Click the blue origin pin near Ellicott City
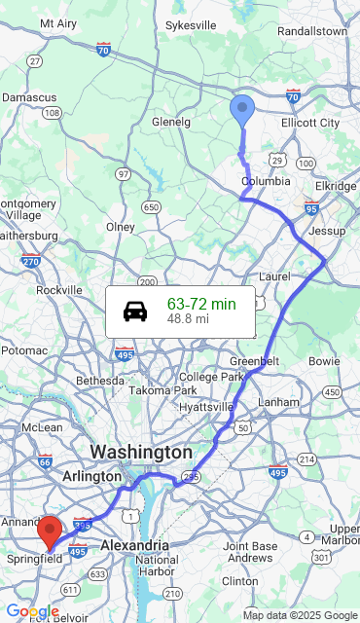[242, 110]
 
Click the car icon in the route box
[135, 311]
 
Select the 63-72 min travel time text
[200, 304]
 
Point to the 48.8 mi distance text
[188, 319]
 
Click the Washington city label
[141, 453]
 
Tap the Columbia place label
[266, 182]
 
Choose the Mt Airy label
[58, 23]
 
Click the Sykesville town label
[191, 25]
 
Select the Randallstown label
[311, 31]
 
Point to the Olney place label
[120, 227]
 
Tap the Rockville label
[59, 290]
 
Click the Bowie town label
[324, 361]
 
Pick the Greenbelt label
[255, 361]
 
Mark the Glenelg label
[171, 122]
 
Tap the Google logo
[32, 611]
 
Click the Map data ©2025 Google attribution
[300, 615]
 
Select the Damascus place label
[29, 98]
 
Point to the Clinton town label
[241, 580]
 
